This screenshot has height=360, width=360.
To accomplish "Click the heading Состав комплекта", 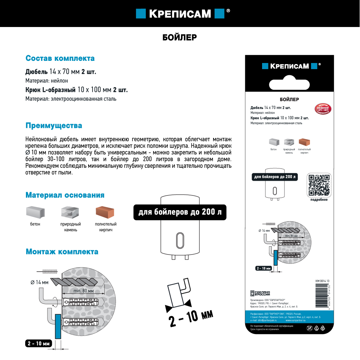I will pos(60,58).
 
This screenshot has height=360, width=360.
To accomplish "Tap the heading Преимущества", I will pos(54,126).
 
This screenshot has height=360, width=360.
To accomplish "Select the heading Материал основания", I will pos(65,195).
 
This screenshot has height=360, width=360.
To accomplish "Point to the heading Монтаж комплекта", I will pos(62,252).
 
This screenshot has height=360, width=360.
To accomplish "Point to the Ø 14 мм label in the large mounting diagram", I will pos(40,282).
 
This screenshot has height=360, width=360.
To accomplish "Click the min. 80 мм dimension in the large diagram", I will pos(83,291).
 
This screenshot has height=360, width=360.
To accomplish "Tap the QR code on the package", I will pos(319,185).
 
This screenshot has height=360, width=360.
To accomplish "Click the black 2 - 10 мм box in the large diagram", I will pos(39,343).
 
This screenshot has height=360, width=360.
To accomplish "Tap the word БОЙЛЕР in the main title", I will pos(180,37).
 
